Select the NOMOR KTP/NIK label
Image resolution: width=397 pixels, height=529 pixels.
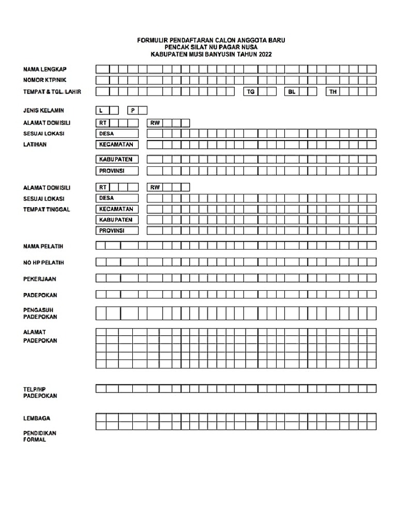point(44,80)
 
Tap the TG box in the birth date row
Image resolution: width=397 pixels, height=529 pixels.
point(251,91)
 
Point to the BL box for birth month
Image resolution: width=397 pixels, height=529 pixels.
point(292,91)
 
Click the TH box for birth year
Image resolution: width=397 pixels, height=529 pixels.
point(333,91)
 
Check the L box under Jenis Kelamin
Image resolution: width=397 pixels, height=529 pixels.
point(102,110)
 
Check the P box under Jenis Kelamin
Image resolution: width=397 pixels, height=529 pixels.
point(133,110)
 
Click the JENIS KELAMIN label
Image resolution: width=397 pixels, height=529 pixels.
point(43,111)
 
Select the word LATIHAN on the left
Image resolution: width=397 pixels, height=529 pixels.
point(35,145)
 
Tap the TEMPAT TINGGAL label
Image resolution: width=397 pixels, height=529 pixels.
point(47,209)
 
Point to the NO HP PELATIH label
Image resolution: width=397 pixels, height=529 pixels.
point(43,263)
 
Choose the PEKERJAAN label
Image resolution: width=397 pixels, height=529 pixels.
point(39,279)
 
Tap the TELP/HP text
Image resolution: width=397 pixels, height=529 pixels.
point(34,388)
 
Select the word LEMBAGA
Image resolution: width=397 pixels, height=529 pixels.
point(36,418)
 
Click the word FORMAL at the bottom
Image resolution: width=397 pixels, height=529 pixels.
point(34,440)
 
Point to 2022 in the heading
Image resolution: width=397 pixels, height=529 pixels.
point(263,54)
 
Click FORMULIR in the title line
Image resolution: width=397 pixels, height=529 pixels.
point(152,40)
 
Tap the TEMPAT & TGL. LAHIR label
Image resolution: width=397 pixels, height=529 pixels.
point(52,92)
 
